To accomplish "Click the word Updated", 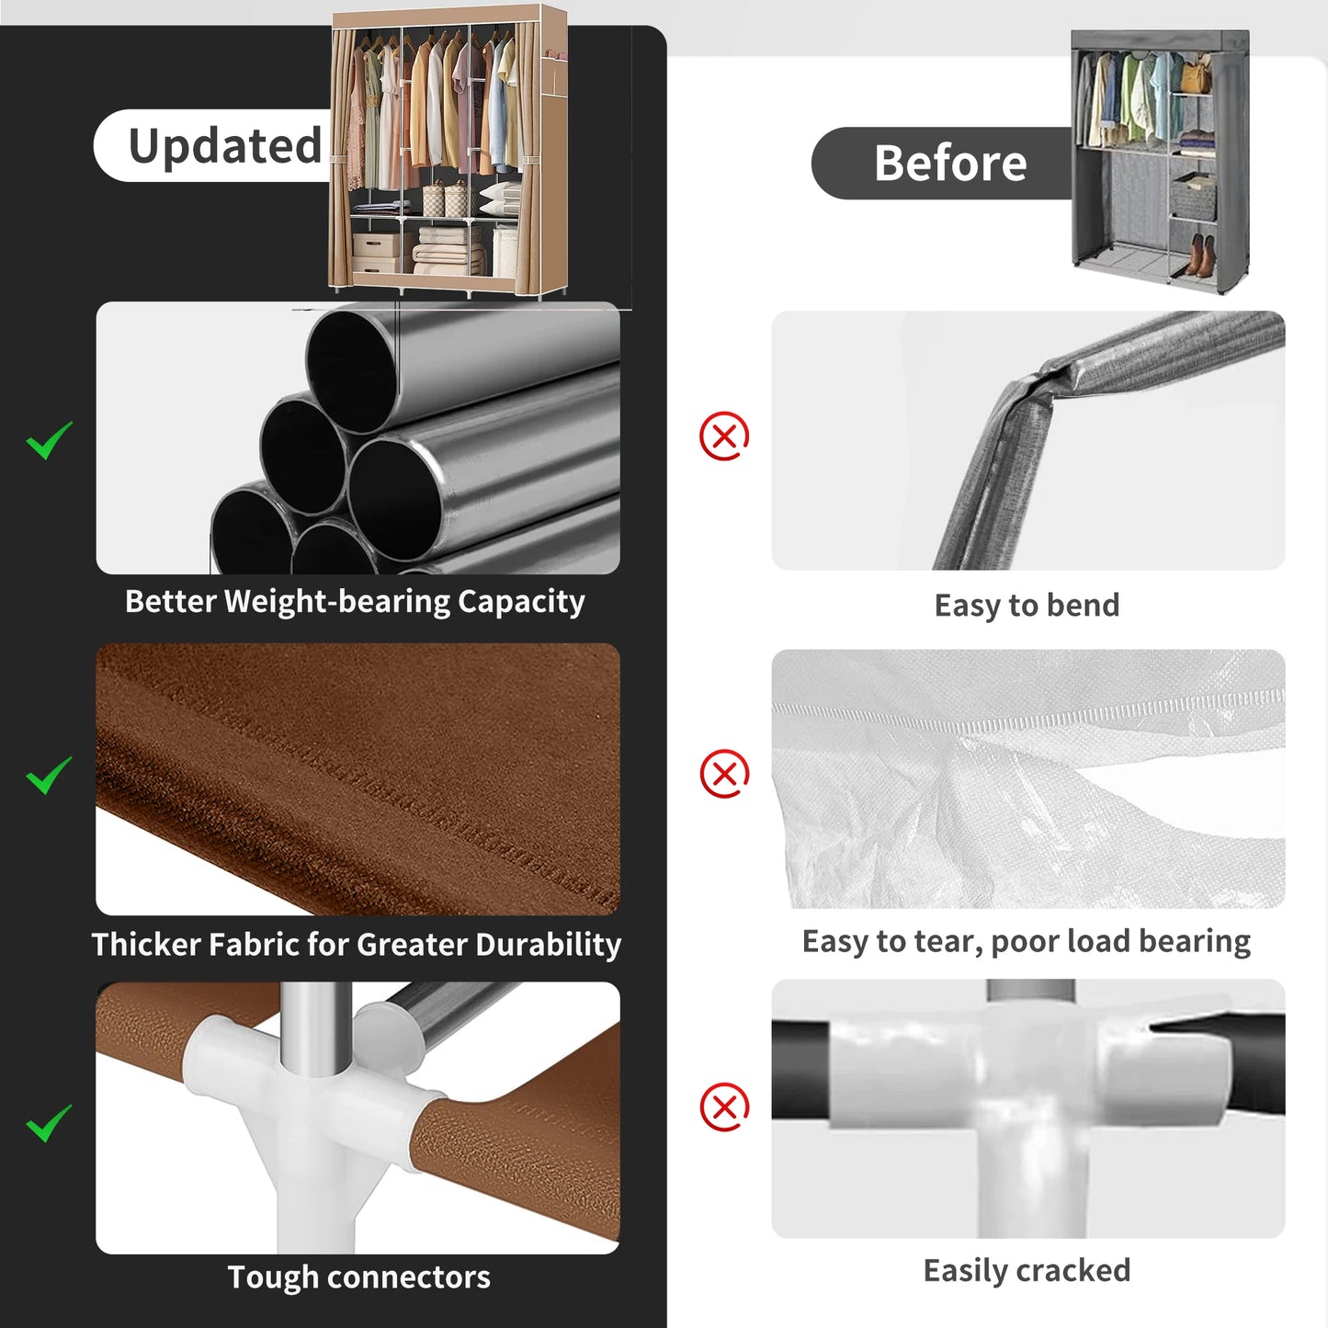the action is point(225,147).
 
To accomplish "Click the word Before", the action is point(950,164).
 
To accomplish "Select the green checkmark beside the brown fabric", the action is point(49,775).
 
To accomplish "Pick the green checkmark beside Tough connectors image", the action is point(49,1123).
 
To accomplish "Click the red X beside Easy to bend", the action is point(724,437).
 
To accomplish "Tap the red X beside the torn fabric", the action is point(724,773).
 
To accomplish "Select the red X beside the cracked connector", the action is point(724,1107).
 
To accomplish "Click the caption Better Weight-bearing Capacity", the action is point(355,602).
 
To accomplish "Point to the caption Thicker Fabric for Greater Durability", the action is point(357,944).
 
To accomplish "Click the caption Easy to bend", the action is point(1027,606).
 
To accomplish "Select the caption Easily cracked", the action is point(1027,1271).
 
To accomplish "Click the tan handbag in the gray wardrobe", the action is point(1197,74).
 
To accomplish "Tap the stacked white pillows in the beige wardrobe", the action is point(500,199).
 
